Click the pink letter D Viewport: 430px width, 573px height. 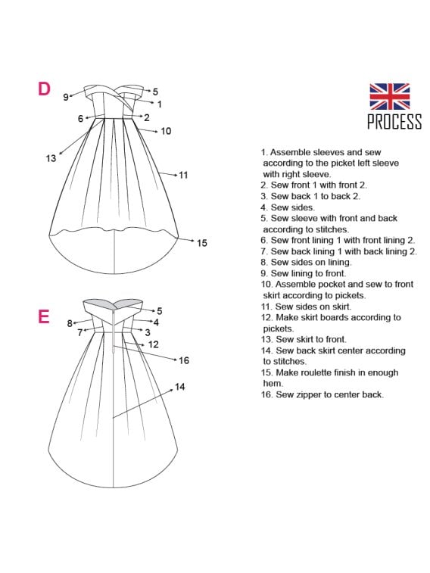pyautogui.click(x=44, y=89)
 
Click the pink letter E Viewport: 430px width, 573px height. pyautogui.click(x=43, y=316)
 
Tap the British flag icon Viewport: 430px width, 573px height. pyautogui.click(x=389, y=96)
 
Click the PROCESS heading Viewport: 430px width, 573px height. pyautogui.click(x=394, y=121)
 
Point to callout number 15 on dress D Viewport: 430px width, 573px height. pyautogui.click(x=201, y=243)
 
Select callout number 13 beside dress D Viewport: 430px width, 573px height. pyautogui.click(x=51, y=158)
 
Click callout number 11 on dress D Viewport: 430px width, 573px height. pyautogui.click(x=183, y=175)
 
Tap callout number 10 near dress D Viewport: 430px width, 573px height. pyautogui.click(x=166, y=131)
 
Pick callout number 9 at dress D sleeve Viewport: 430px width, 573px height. pyautogui.click(x=66, y=97)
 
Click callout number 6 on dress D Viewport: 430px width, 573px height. pyautogui.click(x=81, y=118)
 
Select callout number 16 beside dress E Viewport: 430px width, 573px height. pyautogui.click(x=184, y=360)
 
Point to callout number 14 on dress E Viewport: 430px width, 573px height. pyautogui.click(x=179, y=387)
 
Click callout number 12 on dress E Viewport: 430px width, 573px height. pyautogui.click(x=154, y=344)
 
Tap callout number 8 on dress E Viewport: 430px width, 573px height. pyautogui.click(x=70, y=323)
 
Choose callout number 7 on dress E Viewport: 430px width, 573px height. pyautogui.click(x=80, y=332)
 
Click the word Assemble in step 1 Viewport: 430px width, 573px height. pyautogui.click(x=291, y=152)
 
